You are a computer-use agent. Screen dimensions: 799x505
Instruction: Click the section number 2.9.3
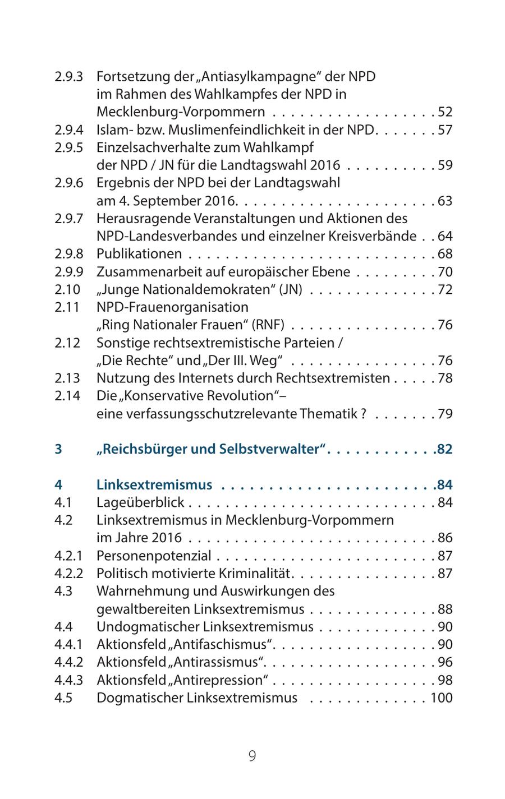pos(68,76)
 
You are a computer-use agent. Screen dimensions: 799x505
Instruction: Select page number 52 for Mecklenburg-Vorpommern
pos(445,112)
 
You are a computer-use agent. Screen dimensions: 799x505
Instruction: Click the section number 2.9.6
pos(68,183)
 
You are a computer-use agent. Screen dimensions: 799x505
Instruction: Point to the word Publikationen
pos(139,255)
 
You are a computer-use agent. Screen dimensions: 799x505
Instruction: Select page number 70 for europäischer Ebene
pos(445,273)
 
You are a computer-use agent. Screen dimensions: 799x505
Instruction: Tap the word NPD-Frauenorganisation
pos(172,308)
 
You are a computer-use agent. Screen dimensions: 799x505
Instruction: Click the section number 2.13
pos(67,378)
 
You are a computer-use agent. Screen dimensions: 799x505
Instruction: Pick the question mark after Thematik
pos(364,414)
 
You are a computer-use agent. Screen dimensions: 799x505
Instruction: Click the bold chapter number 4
pos(59,485)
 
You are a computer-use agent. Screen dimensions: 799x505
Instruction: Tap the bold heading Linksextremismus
pos(154,485)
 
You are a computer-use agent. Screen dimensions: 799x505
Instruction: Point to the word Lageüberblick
pos(140,503)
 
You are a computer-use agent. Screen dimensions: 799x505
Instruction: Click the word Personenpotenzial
pos(154,556)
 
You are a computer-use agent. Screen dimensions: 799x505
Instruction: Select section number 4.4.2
pos(68,663)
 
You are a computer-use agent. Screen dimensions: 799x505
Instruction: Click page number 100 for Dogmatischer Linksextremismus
pos(441,699)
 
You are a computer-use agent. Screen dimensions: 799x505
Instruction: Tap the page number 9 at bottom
pos(252,756)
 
